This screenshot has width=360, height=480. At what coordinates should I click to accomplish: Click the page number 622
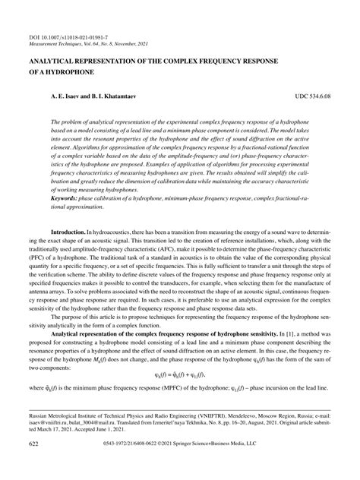point(33,463)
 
